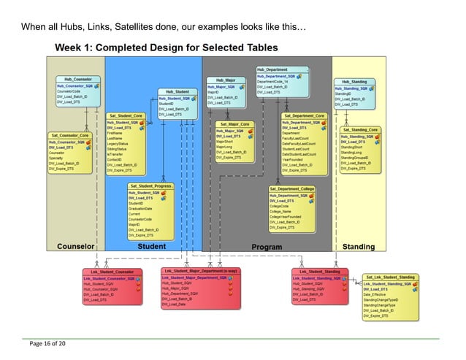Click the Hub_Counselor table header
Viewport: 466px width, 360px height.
[77, 78]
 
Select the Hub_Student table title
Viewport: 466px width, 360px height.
[177, 91]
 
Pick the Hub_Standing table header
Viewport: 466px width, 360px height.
[355, 82]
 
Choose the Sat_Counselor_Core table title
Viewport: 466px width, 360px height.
[70, 135]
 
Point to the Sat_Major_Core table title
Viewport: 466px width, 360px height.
[237, 124]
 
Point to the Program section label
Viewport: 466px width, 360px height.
[267, 247]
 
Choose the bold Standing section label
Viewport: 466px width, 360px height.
[359, 247]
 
